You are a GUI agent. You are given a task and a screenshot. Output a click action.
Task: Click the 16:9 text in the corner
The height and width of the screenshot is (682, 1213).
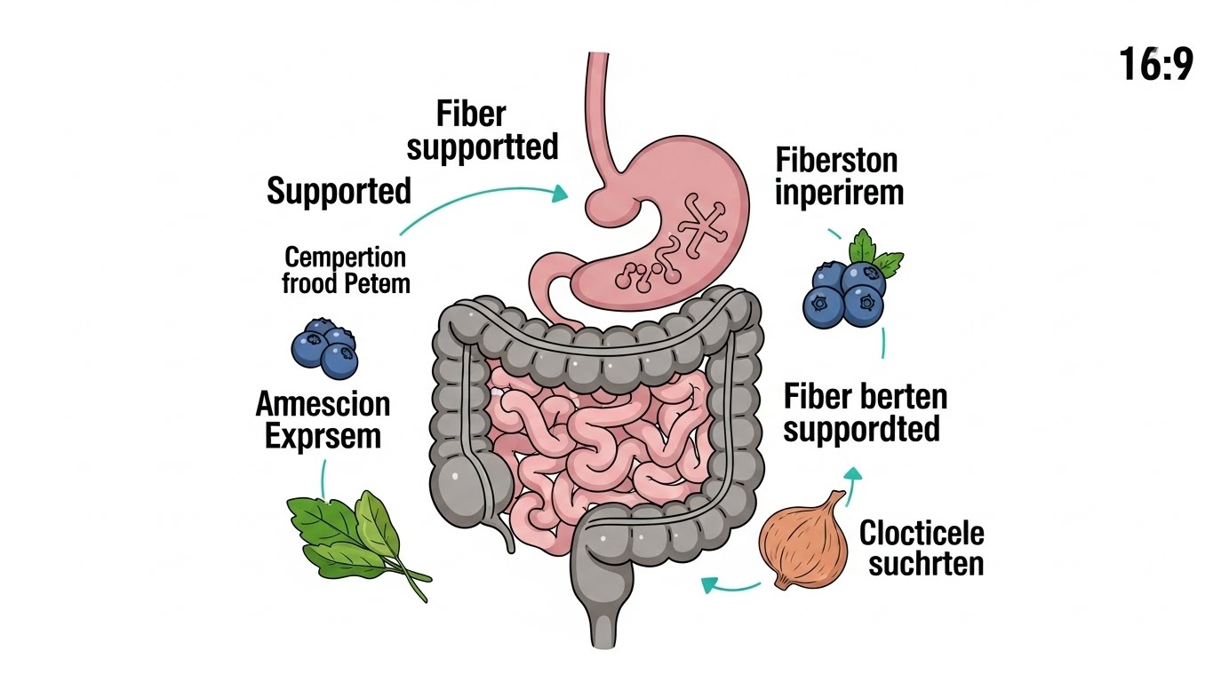1155,65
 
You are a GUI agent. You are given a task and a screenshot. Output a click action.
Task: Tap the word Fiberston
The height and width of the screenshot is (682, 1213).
836,161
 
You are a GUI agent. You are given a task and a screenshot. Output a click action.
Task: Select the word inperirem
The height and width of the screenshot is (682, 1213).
839,192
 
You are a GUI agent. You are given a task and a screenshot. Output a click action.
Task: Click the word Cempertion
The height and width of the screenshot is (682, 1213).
345,258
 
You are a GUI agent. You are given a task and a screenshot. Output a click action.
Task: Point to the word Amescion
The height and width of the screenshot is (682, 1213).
323,404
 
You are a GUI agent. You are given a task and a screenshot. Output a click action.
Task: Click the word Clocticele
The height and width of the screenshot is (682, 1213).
922,533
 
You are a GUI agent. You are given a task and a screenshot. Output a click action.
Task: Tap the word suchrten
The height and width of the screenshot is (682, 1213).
926,563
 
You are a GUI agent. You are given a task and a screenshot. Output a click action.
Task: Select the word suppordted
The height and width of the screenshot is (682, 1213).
862,430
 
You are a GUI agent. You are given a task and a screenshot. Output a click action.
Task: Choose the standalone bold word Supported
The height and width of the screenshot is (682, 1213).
339,191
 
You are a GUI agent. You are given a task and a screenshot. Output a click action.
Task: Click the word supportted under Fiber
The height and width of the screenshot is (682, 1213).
483,147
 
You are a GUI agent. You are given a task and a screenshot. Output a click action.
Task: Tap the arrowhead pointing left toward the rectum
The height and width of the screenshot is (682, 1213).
709,584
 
